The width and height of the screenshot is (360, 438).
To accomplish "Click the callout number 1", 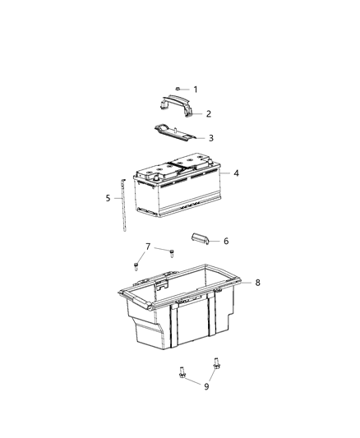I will click(196, 89).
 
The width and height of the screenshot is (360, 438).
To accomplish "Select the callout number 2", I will click(209, 113).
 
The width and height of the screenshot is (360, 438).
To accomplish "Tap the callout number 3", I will click(210, 138).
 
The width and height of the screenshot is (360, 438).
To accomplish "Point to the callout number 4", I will click(236, 173).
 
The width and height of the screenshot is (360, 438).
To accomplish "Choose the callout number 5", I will click(108, 197).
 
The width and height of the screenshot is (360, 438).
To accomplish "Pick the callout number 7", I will click(148, 247).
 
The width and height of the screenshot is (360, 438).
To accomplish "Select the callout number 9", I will click(205, 386).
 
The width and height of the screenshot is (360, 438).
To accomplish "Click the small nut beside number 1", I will click(178, 88).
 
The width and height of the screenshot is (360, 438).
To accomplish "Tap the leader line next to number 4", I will click(226, 174).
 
